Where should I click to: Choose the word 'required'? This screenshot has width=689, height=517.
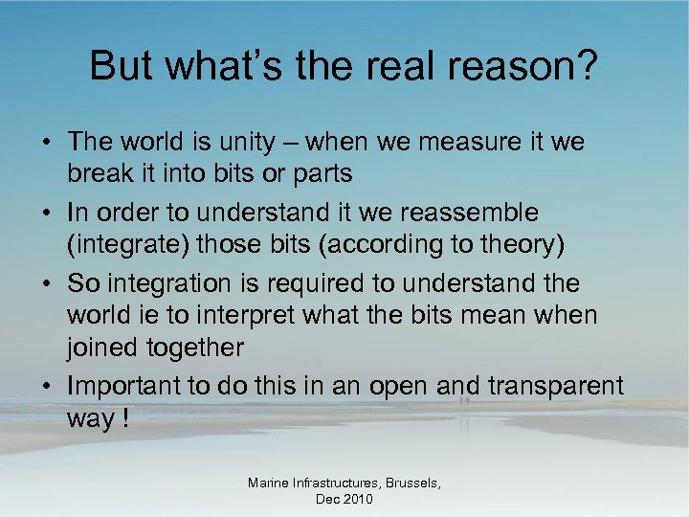coord(292,283)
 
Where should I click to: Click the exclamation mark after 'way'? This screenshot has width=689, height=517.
coord(122,419)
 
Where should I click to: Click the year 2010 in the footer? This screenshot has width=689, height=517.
coord(359,499)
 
